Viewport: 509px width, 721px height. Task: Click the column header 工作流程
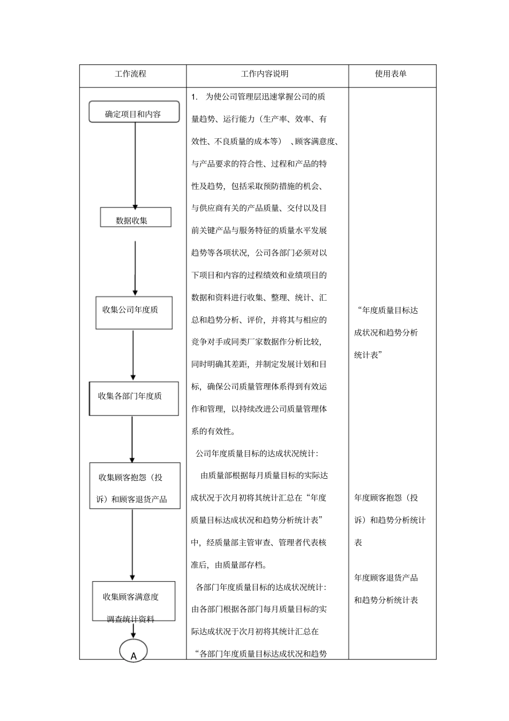pyautogui.click(x=130, y=74)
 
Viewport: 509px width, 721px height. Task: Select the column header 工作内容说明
pyautogui.click(x=265, y=74)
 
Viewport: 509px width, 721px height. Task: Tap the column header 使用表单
pyautogui.click(x=391, y=74)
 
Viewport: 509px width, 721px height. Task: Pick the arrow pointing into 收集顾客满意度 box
pyautogui.click(x=132, y=544)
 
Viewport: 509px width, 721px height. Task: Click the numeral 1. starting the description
pyautogui.click(x=195, y=97)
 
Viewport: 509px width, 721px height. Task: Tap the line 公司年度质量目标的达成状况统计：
pyautogui.click(x=257, y=454)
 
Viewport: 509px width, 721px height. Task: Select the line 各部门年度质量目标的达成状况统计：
pyautogui.click(x=261, y=587)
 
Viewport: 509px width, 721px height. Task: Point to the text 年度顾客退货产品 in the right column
pyautogui.click(x=386, y=578)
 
